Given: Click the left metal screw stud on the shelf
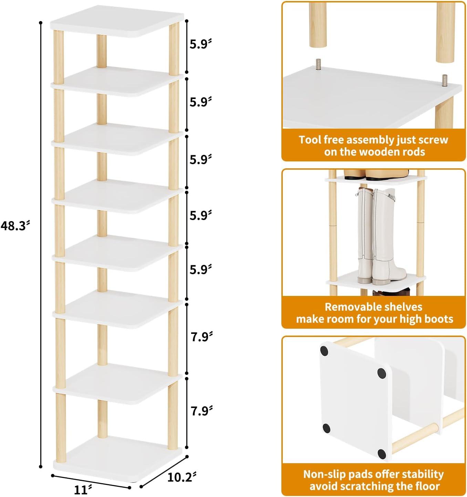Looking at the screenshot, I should (318, 64).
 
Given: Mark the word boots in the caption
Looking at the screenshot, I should (438, 319).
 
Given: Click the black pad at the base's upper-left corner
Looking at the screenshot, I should (324, 351).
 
